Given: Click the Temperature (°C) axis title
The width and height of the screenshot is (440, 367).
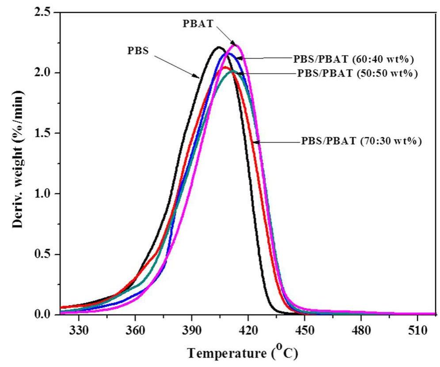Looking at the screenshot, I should [x=242, y=354].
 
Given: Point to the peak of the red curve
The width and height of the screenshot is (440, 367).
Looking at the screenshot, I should [x=224, y=67].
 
